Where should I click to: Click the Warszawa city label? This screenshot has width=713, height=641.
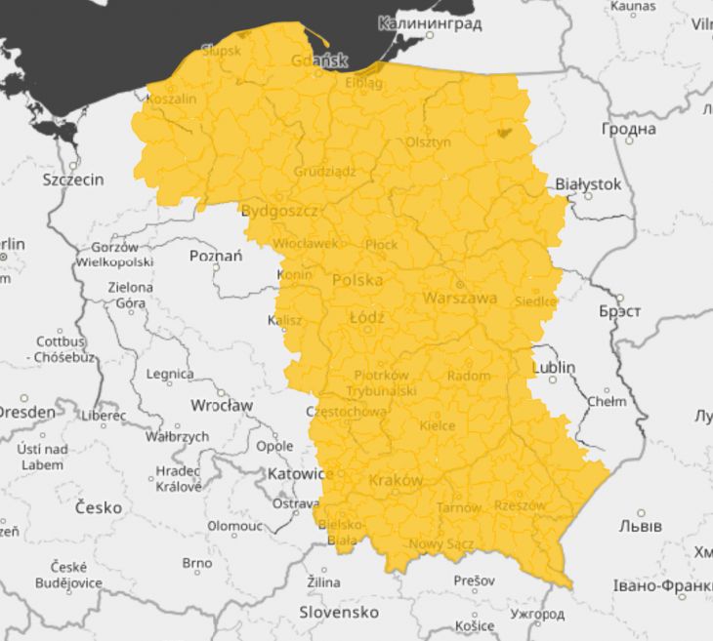pyautogui.click(x=460, y=299)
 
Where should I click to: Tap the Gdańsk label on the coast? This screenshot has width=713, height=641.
pyautogui.click(x=318, y=60)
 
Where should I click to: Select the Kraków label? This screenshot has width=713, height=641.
pyautogui.click(x=396, y=481)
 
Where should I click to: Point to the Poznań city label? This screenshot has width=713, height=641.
pyautogui.click(x=215, y=257)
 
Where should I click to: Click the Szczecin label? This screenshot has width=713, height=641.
pyautogui.click(x=72, y=180)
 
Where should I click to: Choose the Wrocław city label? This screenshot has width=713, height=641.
pyautogui.click(x=222, y=405)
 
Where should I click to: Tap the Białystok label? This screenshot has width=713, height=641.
pyautogui.click(x=588, y=183)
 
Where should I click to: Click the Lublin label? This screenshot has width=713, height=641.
pyautogui.click(x=554, y=368)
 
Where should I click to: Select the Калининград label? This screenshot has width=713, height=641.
pyautogui.click(x=430, y=23)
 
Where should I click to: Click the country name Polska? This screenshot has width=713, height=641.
pyautogui.click(x=357, y=280)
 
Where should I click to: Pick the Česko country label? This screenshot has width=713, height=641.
pyautogui.click(x=99, y=507)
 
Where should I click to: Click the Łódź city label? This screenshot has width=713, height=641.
pyautogui.click(x=366, y=318)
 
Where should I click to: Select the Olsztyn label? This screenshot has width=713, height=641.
pyautogui.click(x=429, y=142)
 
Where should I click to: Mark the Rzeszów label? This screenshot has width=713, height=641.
pyautogui.click(x=520, y=505)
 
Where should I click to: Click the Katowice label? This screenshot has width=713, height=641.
pyautogui.click(x=300, y=473)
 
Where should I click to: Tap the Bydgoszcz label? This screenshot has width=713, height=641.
pyautogui.click(x=279, y=210)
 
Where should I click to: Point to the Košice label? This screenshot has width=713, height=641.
pyautogui.click(x=475, y=625)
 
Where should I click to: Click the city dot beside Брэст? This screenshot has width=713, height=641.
pyautogui.click(x=619, y=298)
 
